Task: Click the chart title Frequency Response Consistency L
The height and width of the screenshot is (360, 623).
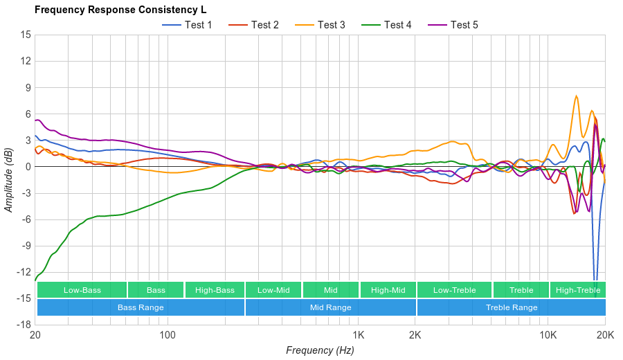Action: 120,10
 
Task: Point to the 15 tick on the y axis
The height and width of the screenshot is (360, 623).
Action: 26,35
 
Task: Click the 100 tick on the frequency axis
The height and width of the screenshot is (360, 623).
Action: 168,334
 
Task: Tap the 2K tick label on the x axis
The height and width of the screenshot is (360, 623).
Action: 415,334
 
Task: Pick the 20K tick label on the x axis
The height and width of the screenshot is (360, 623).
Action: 604,334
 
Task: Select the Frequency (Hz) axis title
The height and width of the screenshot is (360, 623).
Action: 320,350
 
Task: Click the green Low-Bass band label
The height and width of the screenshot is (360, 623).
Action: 82,290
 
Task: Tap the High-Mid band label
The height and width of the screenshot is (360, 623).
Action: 388,290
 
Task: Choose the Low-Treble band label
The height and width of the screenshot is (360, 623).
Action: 454,290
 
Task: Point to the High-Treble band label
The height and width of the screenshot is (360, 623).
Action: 577,290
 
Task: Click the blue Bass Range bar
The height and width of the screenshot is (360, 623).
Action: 141,307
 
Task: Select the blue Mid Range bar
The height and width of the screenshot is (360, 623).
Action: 330,307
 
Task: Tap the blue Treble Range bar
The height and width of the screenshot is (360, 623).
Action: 512,307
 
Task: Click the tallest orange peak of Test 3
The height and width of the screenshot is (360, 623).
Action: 577,96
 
